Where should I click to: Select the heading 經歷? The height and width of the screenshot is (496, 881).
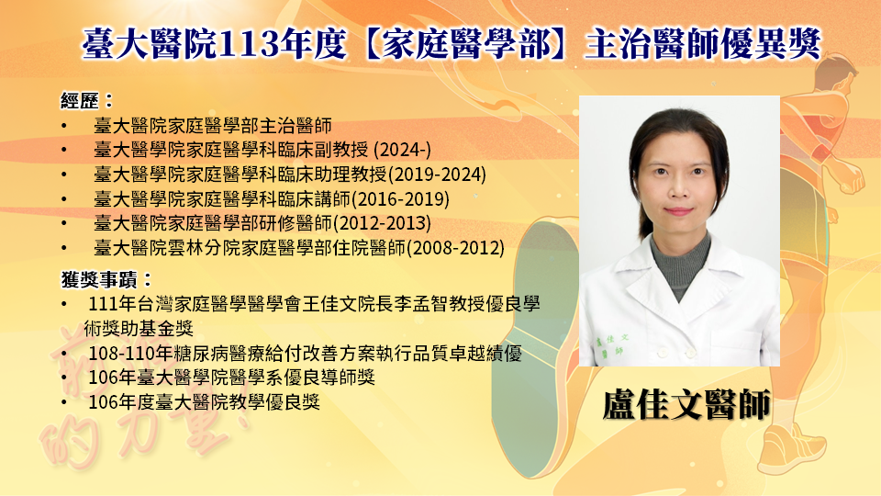(x=80, y=101)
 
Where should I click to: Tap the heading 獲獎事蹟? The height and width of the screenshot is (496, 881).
(x=99, y=279)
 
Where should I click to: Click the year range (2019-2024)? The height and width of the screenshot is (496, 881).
(x=437, y=175)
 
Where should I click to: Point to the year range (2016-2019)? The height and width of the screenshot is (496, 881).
(x=401, y=198)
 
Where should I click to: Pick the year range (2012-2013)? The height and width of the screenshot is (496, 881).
(x=382, y=223)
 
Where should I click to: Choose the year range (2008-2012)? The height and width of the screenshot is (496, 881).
(x=456, y=247)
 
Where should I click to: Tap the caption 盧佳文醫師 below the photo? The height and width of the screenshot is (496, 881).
(x=686, y=405)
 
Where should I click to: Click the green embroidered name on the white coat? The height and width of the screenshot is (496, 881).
(x=611, y=344)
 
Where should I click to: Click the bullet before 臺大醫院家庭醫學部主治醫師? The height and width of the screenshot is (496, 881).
(x=64, y=126)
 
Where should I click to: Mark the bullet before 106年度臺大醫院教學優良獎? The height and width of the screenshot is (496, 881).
(x=64, y=402)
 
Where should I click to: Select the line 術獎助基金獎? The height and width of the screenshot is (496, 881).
(x=139, y=329)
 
